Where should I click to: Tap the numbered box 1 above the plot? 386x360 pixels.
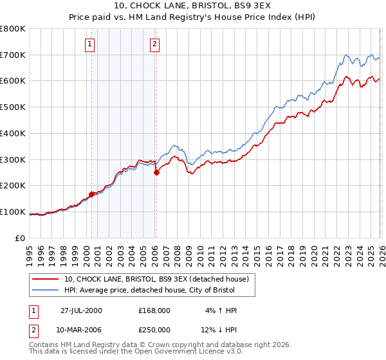coord(89,44)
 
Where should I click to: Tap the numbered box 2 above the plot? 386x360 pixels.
coord(155,44)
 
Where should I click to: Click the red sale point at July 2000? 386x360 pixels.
coord(92,194)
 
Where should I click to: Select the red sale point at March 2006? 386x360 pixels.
coord(156,172)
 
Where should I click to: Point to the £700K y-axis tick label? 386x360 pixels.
coord(13,55)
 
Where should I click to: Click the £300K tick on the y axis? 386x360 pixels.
coord(13,159)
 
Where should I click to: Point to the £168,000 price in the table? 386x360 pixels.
coord(154,310)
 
